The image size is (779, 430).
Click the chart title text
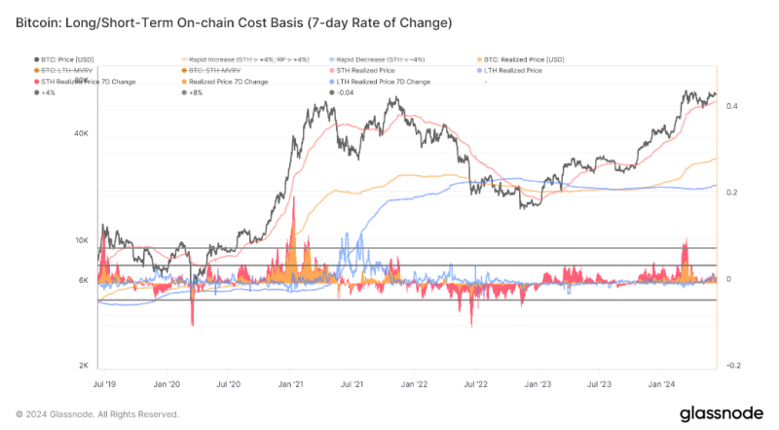click(x=234, y=19)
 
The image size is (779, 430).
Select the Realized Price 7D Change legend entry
click(x=230, y=82)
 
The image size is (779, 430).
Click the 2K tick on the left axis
click(x=84, y=366)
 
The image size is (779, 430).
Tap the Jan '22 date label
click(x=417, y=384)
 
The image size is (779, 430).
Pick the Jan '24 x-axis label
click(x=662, y=384)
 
